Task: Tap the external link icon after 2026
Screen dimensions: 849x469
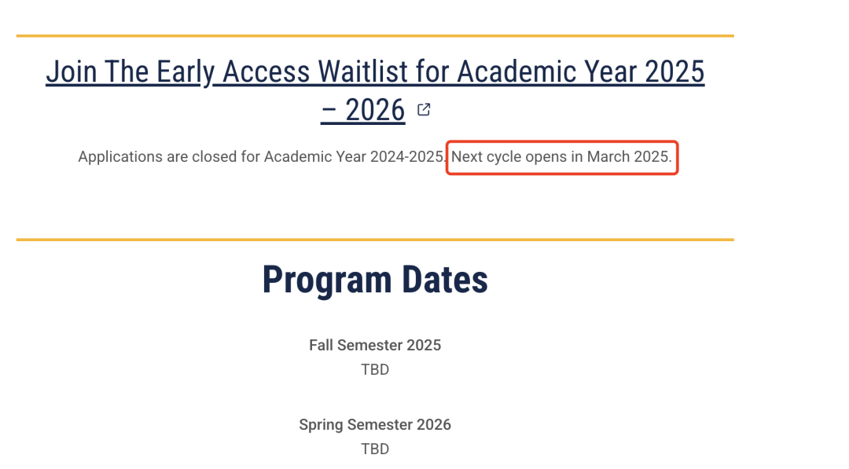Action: click(424, 110)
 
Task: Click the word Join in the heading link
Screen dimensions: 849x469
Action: click(71, 71)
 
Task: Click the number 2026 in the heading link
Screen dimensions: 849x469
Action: click(375, 110)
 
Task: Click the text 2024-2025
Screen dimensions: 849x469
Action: click(409, 157)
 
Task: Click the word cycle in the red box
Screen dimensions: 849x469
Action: click(504, 157)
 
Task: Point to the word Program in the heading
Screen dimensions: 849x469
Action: click(327, 280)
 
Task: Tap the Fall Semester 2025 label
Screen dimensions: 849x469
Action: click(375, 345)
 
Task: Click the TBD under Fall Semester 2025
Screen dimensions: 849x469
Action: click(375, 369)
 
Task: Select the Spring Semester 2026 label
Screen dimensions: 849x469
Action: click(375, 425)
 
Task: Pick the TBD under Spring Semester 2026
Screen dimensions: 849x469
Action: click(375, 449)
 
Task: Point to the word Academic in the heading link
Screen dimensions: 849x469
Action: click(516, 71)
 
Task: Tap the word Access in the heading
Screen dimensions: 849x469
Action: click(266, 71)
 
